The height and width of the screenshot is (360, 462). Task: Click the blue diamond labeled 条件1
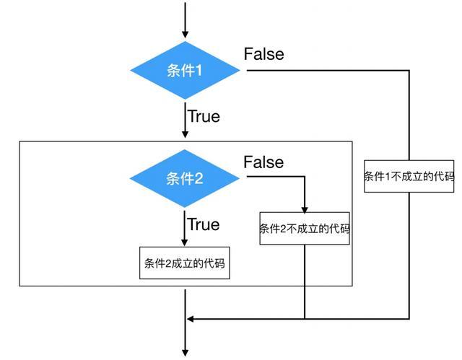pos(185,71)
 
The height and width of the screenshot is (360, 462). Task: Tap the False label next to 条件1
pos(264,54)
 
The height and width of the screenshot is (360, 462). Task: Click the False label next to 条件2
pos(263,162)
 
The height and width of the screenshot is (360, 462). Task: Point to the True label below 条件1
pos(204,115)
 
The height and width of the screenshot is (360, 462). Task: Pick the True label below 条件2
pos(204,224)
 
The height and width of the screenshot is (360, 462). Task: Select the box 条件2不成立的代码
pos(305,229)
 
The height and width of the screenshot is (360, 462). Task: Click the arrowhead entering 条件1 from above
pos(186,34)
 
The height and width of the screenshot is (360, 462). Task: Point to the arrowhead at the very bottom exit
pos(186,352)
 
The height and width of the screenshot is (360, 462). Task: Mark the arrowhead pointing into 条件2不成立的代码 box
pos(305,207)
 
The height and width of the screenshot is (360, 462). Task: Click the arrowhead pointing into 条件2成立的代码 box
pos(186,243)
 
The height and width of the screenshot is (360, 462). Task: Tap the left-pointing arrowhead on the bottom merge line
pos(191,318)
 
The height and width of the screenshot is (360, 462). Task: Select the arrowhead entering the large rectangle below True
pos(186,136)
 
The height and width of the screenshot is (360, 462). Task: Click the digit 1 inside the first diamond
pos(199,71)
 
